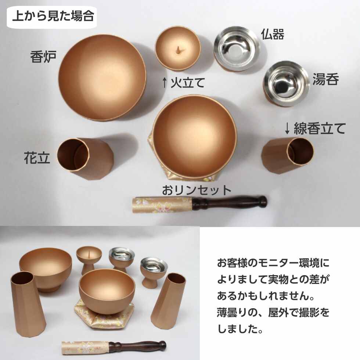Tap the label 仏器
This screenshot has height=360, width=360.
point(273,35)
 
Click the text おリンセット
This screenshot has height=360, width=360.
point(197,190)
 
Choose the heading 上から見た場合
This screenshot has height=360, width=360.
point(53,17)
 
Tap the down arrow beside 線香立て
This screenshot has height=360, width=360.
point(288,129)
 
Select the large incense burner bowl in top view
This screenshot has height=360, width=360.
point(102,78)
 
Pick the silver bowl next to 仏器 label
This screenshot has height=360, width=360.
point(237,48)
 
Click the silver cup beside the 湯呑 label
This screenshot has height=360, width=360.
point(286,84)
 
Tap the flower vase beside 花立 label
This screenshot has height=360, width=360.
point(86,159)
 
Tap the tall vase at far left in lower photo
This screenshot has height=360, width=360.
point(28,303)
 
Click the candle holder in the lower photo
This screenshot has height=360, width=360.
point(89,259)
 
